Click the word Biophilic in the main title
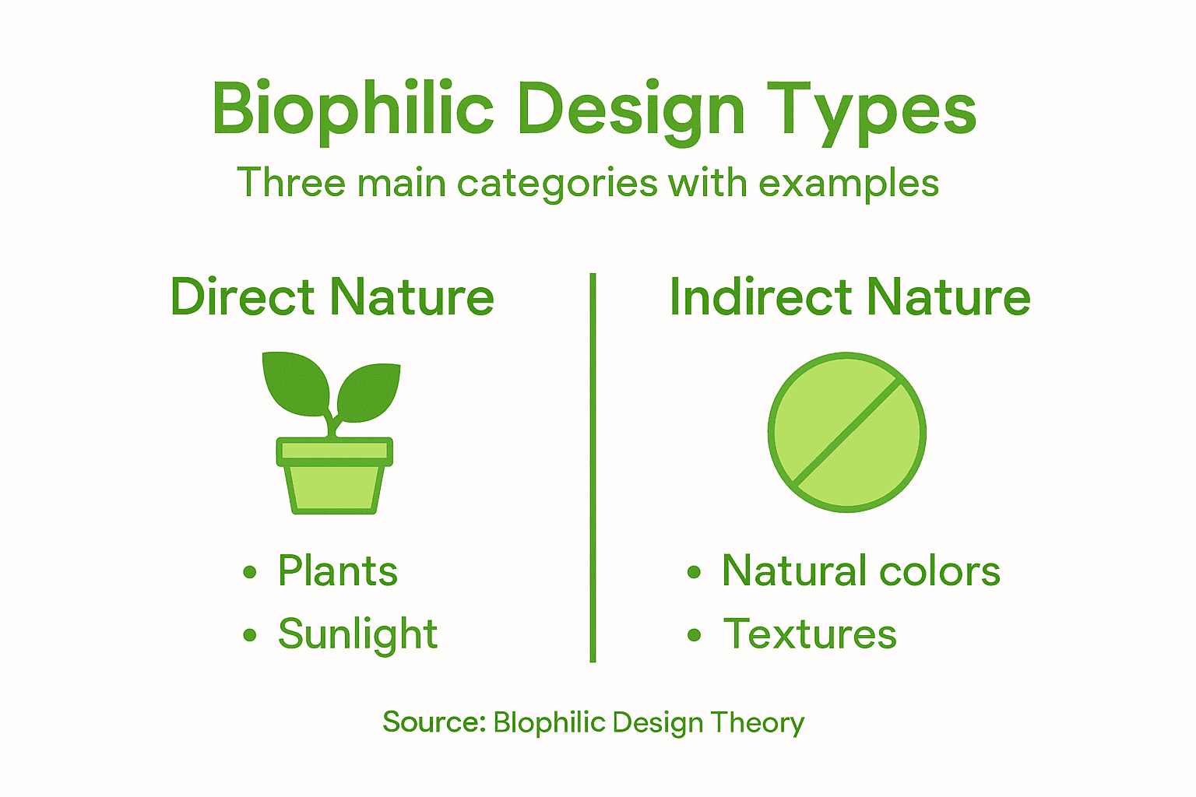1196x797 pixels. (352, 109)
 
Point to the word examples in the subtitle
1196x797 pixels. (849, 184)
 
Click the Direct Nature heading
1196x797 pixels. (332, 297)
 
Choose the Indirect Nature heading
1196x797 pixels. (850, 297)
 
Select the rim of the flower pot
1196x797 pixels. (335, 451)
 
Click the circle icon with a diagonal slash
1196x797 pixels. (847, 433)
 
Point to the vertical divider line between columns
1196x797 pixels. (593, 467)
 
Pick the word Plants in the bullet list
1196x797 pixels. (338, 571)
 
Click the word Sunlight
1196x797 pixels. (358, 634)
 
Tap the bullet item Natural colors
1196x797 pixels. (860, 571)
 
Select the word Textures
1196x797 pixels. (810, 634)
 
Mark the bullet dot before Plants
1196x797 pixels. (250, 573)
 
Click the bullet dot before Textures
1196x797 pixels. (695, 636)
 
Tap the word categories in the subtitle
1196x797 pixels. (558, 184)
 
